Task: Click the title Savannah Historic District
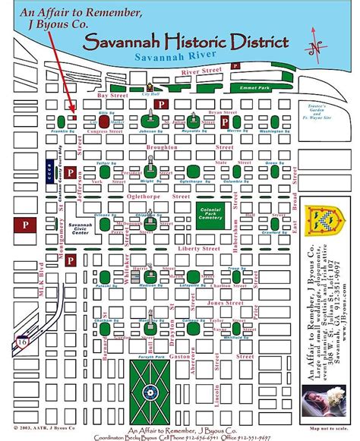187,42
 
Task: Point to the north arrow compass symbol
314,42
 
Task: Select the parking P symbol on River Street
235,67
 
